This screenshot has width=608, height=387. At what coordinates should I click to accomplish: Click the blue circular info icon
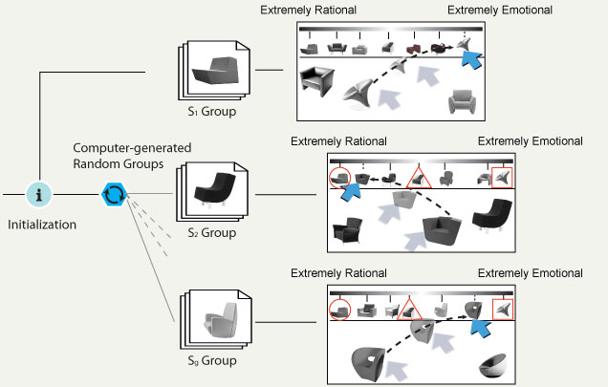(38, 194)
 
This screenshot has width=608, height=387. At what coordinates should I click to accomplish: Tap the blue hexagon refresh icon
(114, 194)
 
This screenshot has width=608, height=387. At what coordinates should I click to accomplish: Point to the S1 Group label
(212, 112)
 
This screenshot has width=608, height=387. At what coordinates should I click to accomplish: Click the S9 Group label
(211, 360)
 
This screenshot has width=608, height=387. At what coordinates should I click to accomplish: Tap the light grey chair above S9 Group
(212, 314)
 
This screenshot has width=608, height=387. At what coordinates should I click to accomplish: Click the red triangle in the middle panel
(416, 177)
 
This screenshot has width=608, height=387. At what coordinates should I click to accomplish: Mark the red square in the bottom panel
(502, 309)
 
